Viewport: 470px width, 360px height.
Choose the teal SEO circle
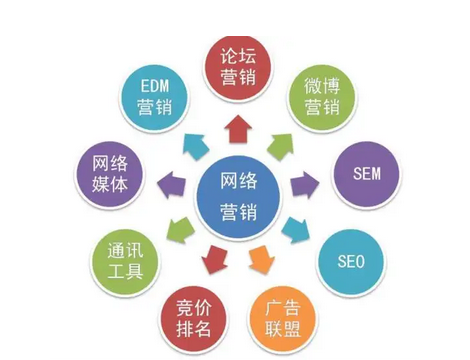point(351,262)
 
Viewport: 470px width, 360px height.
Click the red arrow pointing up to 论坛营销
point(237,127)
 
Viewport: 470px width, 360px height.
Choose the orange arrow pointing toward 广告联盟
point(257,260)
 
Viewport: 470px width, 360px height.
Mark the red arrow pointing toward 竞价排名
point(212,261)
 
